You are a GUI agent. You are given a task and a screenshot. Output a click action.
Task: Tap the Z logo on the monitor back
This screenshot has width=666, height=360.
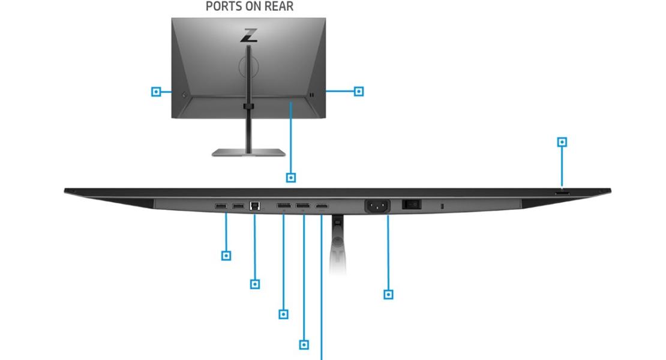[249, 35]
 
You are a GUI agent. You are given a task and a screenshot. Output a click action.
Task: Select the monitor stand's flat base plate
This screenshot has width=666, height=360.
[248, 152]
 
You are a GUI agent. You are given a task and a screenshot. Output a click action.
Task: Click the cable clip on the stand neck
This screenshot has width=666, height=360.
[248, 106]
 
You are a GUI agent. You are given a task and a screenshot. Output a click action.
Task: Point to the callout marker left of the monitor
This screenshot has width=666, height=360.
[156, 91]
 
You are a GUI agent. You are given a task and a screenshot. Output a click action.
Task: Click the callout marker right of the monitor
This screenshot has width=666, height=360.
[359, 91]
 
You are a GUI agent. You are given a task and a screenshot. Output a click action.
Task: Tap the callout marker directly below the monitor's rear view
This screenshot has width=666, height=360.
[291, 178]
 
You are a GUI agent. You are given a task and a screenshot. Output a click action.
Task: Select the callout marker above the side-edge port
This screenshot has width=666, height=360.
[562, 142]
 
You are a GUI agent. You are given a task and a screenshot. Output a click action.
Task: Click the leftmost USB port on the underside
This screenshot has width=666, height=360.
[221, 206]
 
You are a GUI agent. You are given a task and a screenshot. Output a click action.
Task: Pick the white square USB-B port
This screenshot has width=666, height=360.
[255, 206]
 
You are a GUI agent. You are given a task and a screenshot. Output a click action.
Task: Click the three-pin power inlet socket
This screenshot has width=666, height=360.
[377, 206]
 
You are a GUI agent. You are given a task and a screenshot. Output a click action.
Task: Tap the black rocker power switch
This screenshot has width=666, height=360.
[412, 205]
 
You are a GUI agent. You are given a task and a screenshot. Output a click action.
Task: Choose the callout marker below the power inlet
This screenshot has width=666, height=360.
[388, 294]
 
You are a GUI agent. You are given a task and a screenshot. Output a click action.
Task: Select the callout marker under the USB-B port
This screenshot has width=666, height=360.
[255, 284]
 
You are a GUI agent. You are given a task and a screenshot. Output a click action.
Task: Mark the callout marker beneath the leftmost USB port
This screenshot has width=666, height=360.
[226, 256]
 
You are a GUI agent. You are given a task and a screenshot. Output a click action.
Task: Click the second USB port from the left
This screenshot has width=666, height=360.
[238, 206]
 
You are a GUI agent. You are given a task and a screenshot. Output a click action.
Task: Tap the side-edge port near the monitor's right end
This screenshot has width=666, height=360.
[562, 193]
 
